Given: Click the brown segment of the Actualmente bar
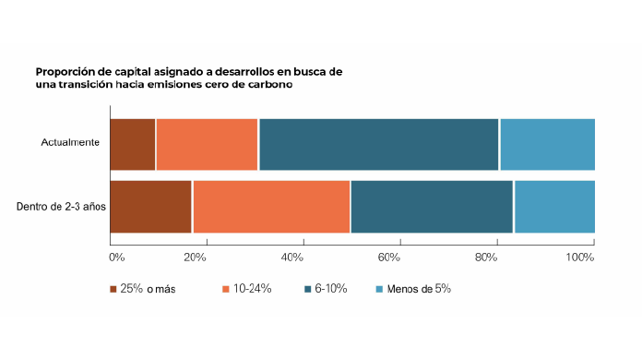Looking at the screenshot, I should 132,145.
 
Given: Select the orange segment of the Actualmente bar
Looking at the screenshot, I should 207,145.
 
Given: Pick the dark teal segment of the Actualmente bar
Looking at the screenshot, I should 378,145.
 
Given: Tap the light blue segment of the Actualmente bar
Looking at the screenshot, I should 547,145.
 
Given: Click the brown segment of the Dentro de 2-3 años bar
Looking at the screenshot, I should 150,207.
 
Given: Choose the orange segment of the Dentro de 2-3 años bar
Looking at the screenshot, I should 271,207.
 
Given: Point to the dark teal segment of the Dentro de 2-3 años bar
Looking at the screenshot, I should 432,207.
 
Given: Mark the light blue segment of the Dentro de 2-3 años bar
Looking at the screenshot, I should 554,207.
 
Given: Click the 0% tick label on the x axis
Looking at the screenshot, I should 116,256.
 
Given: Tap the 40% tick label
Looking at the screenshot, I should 293,256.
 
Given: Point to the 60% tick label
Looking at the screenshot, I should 389,256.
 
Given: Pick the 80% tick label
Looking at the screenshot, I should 486,256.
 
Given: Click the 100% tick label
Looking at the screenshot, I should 580,256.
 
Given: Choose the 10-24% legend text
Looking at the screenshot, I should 252,289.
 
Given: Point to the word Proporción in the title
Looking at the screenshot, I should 64,70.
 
